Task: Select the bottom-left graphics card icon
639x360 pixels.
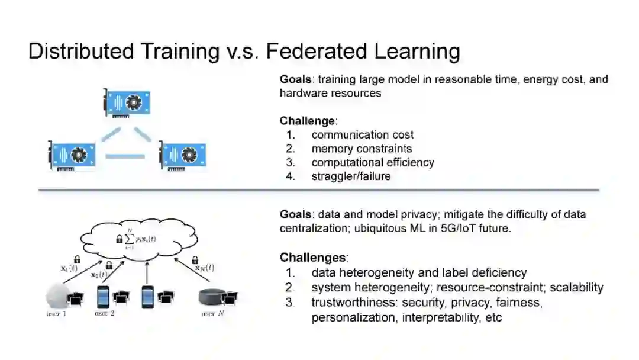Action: (x=73, y=155)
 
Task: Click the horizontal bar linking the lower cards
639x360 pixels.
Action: (x=125, y=156)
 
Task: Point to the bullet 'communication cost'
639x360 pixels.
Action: (x=363, y=135)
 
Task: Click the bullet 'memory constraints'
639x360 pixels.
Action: (x=362, y=149)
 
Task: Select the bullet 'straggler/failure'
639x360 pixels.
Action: (x=351, y=176)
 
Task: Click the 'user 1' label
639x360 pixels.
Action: (x=57, y=313)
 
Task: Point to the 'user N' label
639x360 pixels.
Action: (x=212, y=313)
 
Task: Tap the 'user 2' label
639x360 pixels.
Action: (x=104, y=313)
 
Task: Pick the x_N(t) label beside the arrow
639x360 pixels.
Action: (x=204, y=268)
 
